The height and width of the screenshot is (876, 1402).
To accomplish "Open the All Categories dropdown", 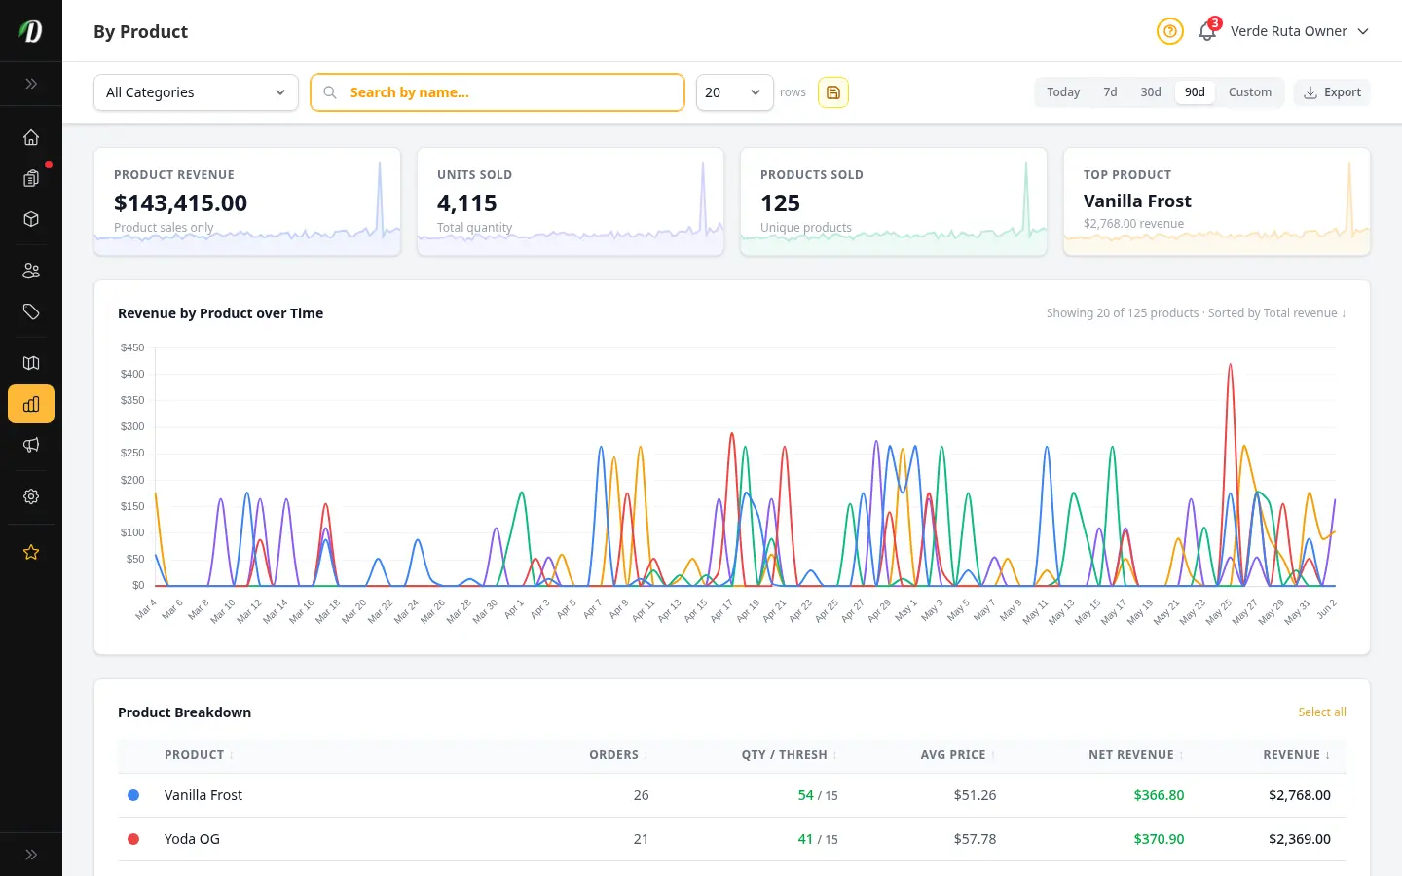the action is (x=196, y=92).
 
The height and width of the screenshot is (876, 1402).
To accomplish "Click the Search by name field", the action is (x=497, y=92).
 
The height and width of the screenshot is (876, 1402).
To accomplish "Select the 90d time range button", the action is (x=1195, y=92).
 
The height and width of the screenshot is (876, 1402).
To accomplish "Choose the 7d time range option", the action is (x=1110, y=92).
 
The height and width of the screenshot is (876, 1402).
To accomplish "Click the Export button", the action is (x=1332, y=92).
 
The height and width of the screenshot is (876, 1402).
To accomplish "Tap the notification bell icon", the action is (x=1206, y=31).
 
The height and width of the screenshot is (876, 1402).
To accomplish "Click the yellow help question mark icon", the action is (x=1170, y=31).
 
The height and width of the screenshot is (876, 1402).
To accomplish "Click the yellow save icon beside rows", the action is (x=833, y=92).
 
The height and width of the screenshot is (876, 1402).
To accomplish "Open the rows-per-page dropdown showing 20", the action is (x=735, y=92).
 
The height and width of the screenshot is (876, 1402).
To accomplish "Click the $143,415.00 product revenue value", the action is (x=180, y=202).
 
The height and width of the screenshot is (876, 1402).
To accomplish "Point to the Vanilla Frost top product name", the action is (x=1137, y=201).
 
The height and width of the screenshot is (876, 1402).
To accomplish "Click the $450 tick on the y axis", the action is (x=132, y=347).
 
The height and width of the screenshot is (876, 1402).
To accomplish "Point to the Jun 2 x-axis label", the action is (x=1327, y=609).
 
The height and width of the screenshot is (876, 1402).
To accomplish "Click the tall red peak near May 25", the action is (x=1231, y=365).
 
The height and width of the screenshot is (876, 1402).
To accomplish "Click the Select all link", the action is (x=1322, y=712).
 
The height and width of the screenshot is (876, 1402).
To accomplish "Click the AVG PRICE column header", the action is (x=952, y=755).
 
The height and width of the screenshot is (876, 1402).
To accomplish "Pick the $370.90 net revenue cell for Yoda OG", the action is (x=1159, y=839).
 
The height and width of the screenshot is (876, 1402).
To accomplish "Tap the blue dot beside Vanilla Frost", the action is (x=133, y=795).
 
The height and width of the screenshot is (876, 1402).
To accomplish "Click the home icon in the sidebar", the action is (x=31, y=137).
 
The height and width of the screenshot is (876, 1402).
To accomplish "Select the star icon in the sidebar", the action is (x=31, y=553).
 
